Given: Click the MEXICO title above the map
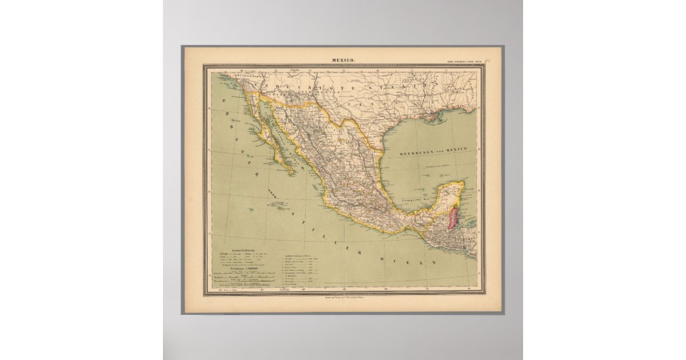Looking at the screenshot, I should (x=344, y=59).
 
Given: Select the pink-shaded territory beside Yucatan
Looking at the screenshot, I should (x=453, y=218).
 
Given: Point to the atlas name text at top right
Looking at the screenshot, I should (x=464, y=61).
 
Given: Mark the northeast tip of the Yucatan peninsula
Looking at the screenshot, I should (x=462, y=183).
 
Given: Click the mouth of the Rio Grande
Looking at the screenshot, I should (x=382, y=150).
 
